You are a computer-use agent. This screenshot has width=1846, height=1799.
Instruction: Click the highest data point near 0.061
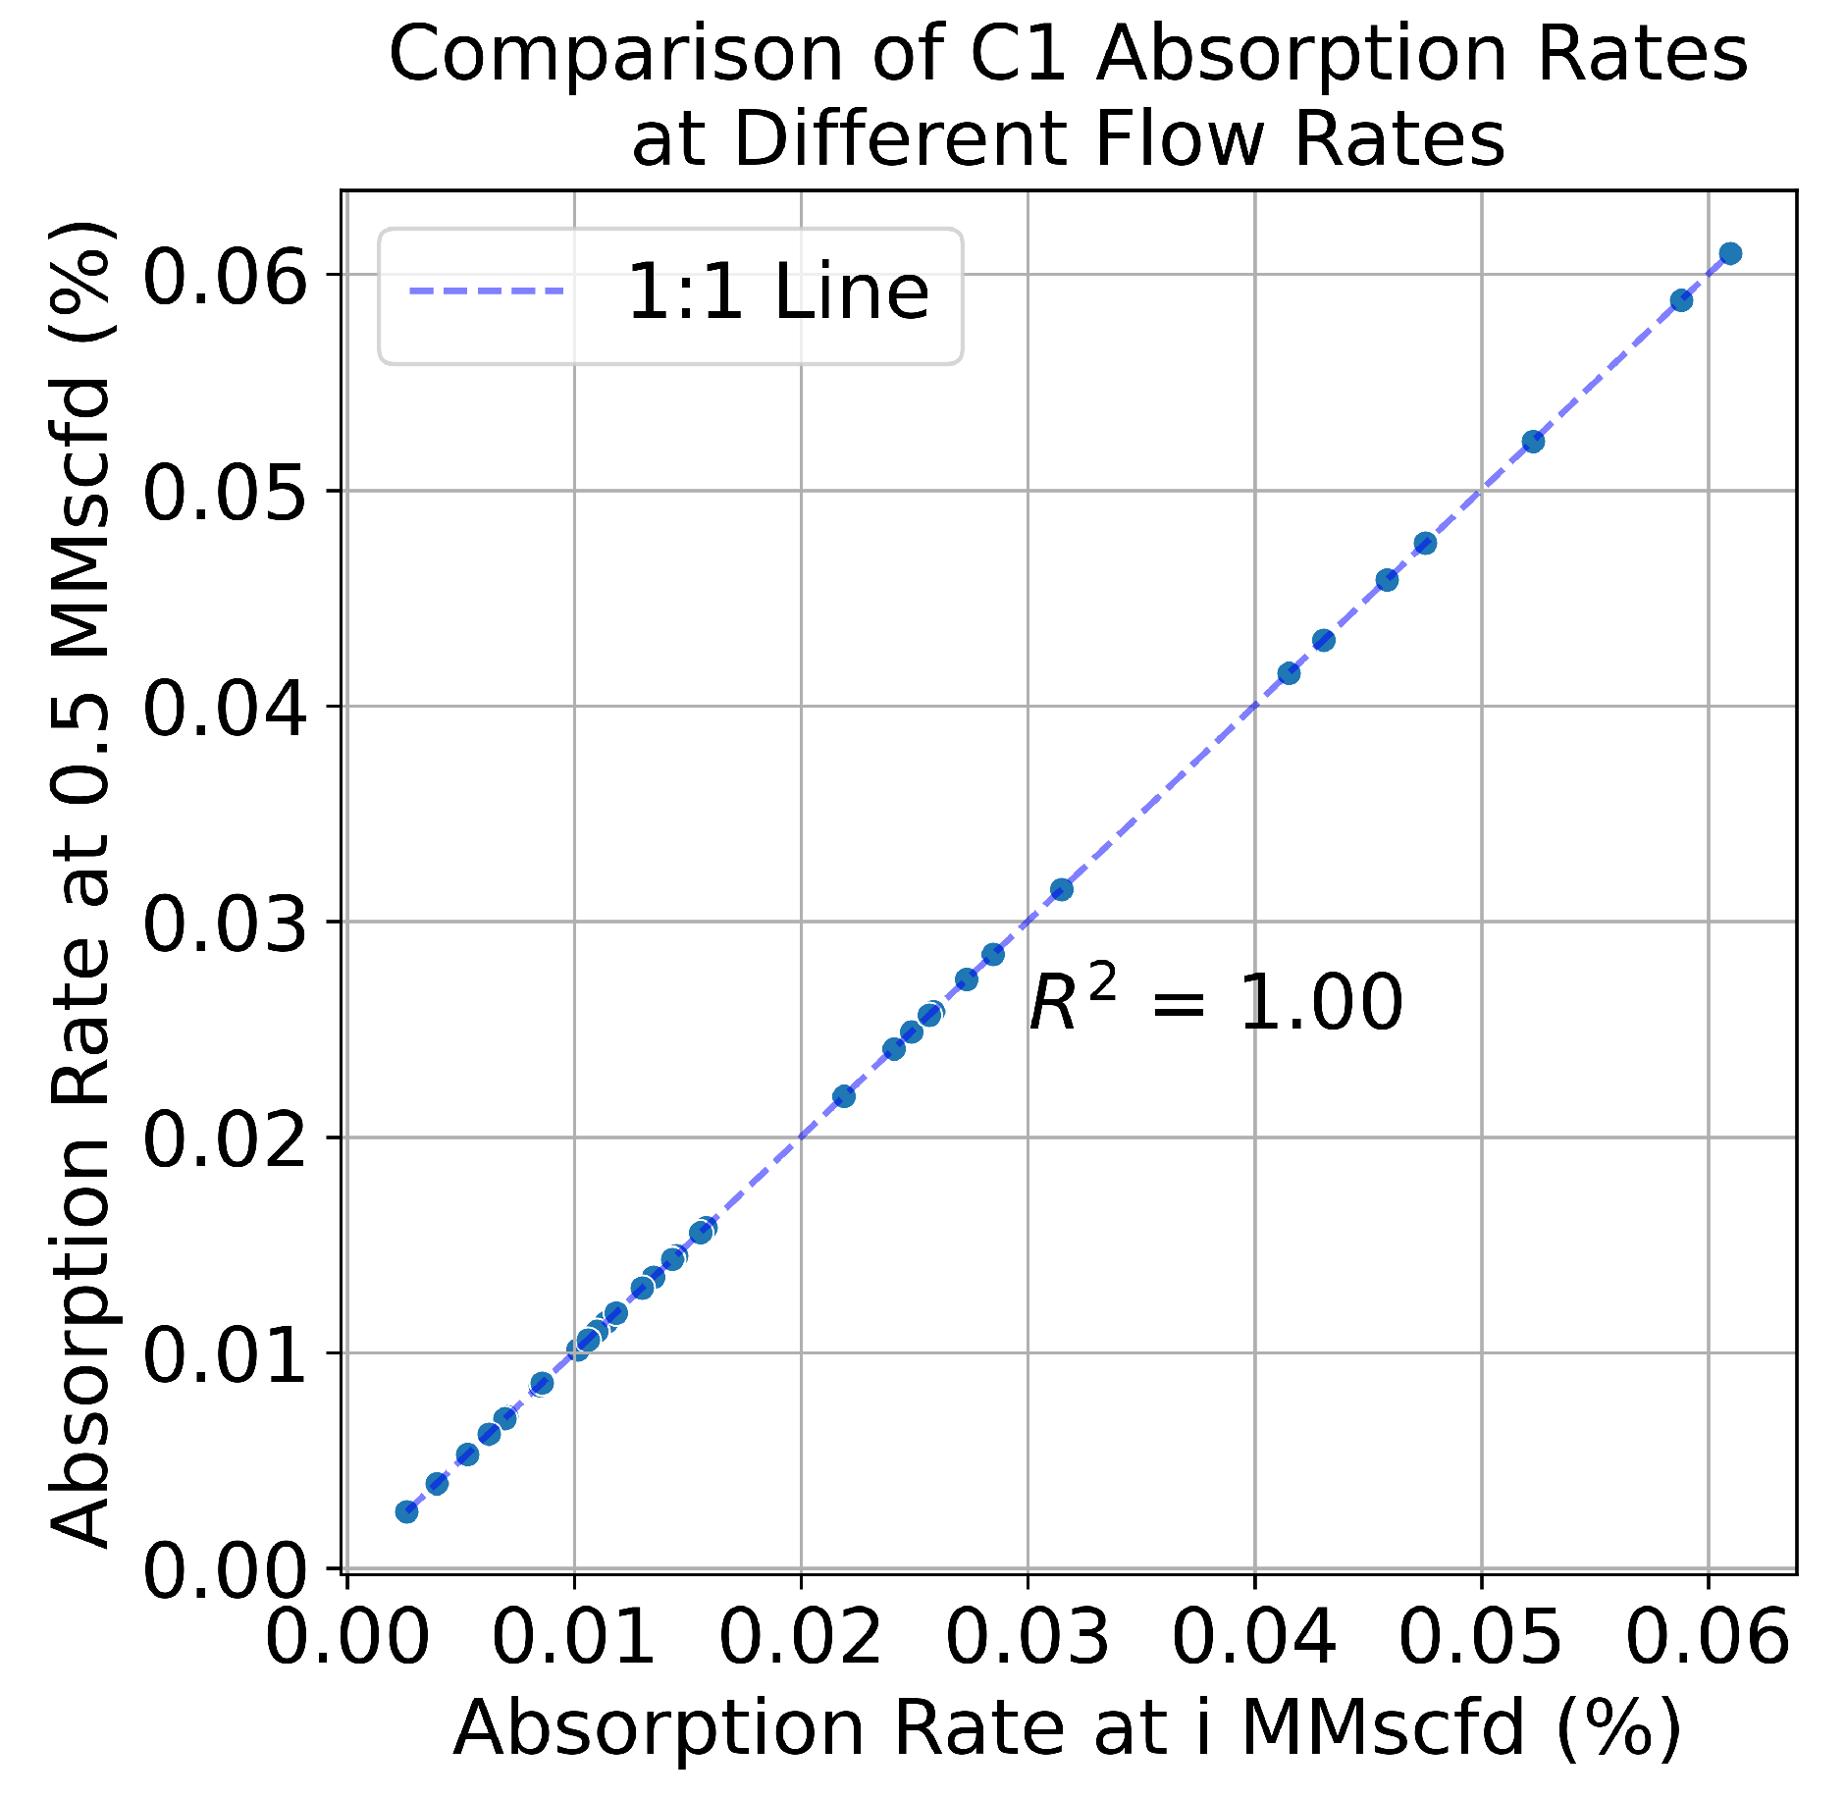point(1730,254)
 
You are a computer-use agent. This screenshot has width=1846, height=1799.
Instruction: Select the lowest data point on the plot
point(406,1511)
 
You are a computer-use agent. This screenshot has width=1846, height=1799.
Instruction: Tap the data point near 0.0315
point(1061,890)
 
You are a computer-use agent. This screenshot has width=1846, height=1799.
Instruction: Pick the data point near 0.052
point(1533,442)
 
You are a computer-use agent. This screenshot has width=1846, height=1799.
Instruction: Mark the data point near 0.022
point(843,1096)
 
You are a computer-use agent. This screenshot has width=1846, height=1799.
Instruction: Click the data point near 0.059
point(1681,300)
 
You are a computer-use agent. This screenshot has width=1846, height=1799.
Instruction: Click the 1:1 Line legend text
point(777,292)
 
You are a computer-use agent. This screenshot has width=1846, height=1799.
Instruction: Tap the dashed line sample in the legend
point(487,291)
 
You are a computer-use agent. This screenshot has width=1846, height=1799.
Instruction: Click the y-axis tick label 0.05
point(225,492)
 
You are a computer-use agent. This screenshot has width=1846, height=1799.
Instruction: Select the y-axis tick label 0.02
point(225,1138)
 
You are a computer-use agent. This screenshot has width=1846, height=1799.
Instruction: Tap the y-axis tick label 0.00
point(225,1570)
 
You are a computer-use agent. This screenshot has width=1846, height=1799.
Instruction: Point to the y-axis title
point(80,883)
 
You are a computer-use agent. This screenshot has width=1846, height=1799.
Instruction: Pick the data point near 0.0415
point(1289,673)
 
